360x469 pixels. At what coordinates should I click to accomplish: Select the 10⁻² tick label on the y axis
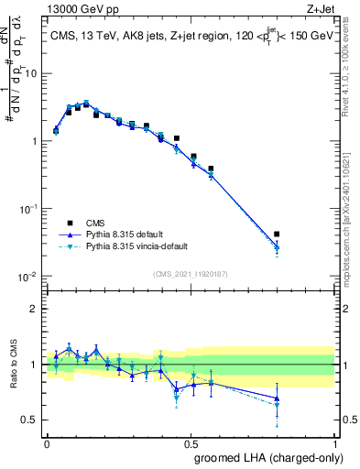[x=30, y=277]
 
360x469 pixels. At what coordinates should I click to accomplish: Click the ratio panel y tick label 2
[x=35, y=309]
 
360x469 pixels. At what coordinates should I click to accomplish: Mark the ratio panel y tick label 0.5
[x=32, y=420]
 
